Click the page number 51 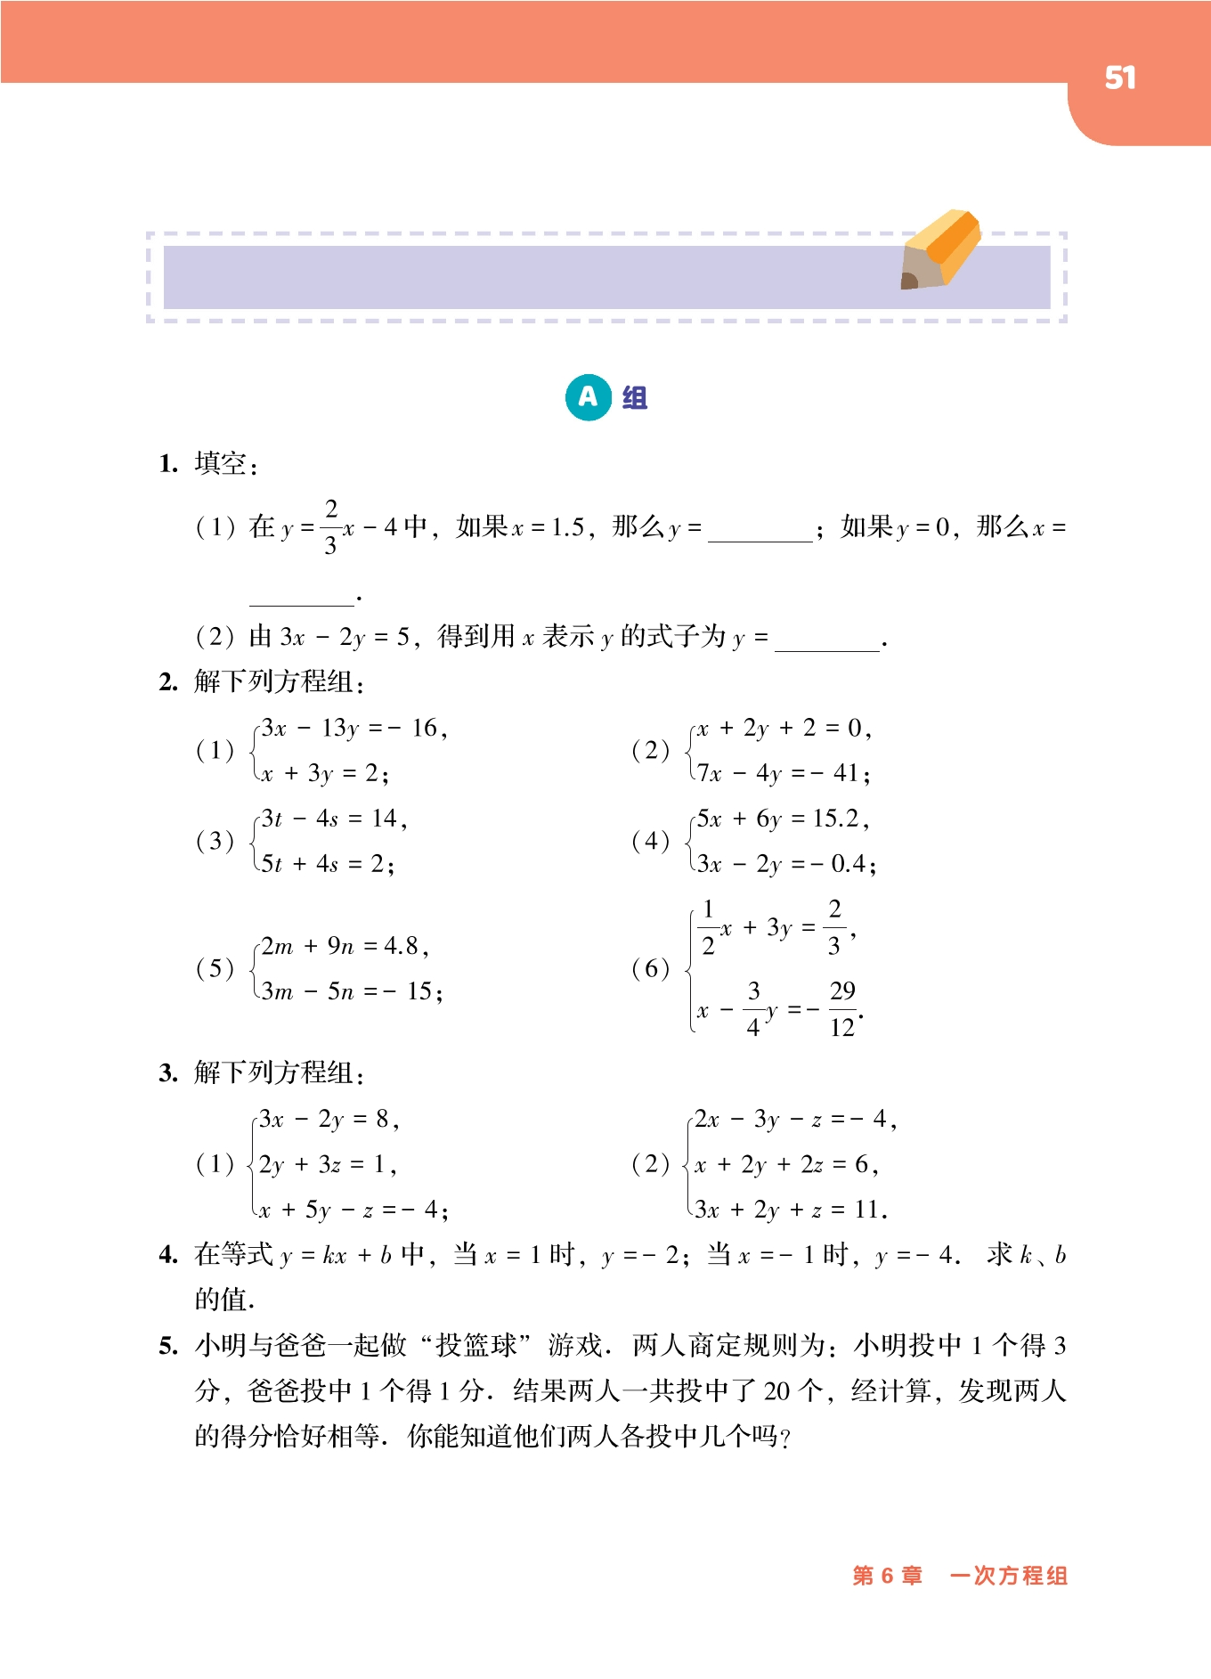click(x=1119, y=78)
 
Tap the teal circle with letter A click(x=588, y=397)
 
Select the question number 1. click(x=168, y=464)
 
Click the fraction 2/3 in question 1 click(x=331, y=527)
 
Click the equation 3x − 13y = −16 click(x=354, y=729)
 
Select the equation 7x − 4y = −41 click(x=783, y=773)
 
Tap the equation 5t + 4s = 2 click(x=327, y=863)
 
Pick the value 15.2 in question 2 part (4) click(x=836, y=819)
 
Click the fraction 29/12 click(x=841, y=1009)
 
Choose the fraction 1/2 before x click(x=708, y=927)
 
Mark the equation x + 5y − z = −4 click(x=352, y=1210)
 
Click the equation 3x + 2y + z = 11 click(x=791, y=1210)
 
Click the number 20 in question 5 click(x=776, y=1391)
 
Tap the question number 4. click(x=168, y=1256)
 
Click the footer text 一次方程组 click(x=1008, y=1576)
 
